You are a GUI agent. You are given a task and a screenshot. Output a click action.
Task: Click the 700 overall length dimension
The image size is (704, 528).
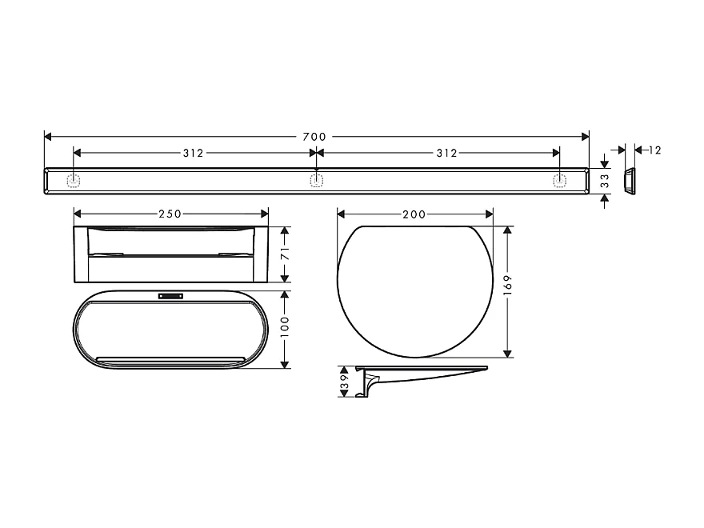(x=315, y=137)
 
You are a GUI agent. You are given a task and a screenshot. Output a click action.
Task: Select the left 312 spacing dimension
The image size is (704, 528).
(x=193, y=153)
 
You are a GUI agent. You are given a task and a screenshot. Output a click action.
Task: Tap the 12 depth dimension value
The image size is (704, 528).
(x=655, y=150)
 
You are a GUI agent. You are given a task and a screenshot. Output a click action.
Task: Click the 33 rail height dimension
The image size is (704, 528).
(x=605, y=181)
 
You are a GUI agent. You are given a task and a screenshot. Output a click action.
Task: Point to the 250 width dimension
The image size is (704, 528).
(x=170, y=214)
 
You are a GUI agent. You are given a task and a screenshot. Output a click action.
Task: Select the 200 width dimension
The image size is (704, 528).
(x=414, y=214)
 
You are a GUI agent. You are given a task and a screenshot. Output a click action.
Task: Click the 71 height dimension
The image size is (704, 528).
(x=286, y=254)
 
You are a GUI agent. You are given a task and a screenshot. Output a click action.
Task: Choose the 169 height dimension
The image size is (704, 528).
(x=507, y=285)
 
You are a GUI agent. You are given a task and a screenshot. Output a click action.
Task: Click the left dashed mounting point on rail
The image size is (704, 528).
(x=74, y=181)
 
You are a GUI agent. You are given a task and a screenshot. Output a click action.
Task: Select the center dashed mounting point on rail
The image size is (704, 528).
(x=316, y=181)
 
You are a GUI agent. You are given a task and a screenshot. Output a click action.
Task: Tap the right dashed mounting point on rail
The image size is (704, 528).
(x=558, y=181)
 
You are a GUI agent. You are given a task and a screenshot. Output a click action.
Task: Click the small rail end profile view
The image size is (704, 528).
(x=630, y=181)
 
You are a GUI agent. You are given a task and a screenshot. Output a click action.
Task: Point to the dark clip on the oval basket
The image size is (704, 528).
(x=170, y=296)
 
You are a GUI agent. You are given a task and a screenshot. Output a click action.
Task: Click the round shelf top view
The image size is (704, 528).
(x=414, y=290)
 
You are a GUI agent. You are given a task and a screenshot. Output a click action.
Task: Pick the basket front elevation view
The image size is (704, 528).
(x=170, y=254)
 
